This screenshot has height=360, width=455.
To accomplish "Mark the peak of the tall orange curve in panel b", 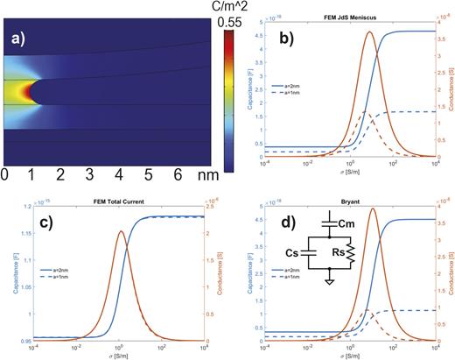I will point(370,32).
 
